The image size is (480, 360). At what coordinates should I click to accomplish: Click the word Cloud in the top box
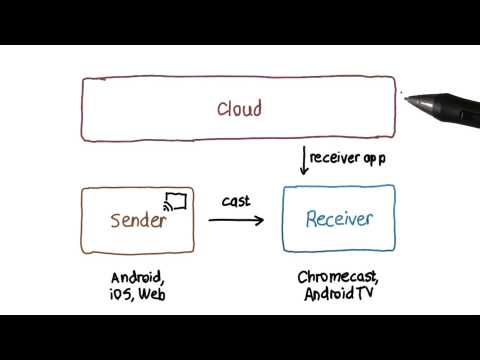pyautogui.click(x=240, y=109)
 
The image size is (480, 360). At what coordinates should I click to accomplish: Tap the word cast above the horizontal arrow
pyautogui.click(x=236, y=201)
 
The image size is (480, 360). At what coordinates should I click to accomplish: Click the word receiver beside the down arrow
pyautogui.click(x=332, y=158)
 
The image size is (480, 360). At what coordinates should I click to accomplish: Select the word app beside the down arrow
pyautogui.click(x=372, y=159)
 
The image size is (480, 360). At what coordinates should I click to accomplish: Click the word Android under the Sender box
pyautogui.click(x=138, y=277)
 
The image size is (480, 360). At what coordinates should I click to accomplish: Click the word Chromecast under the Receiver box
pyautogui.click(x=339, y=277)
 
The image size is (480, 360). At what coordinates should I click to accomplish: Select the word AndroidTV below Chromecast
pyautogui.click(x=339, y=294)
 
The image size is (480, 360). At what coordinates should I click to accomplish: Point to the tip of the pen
pyautogui.click(x=404, y=94)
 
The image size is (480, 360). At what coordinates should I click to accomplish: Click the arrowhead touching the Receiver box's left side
pyautogui.click(x=261, y=220)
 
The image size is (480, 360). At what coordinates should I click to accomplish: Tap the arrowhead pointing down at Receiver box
pyautogui.click(x=302, y=172)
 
